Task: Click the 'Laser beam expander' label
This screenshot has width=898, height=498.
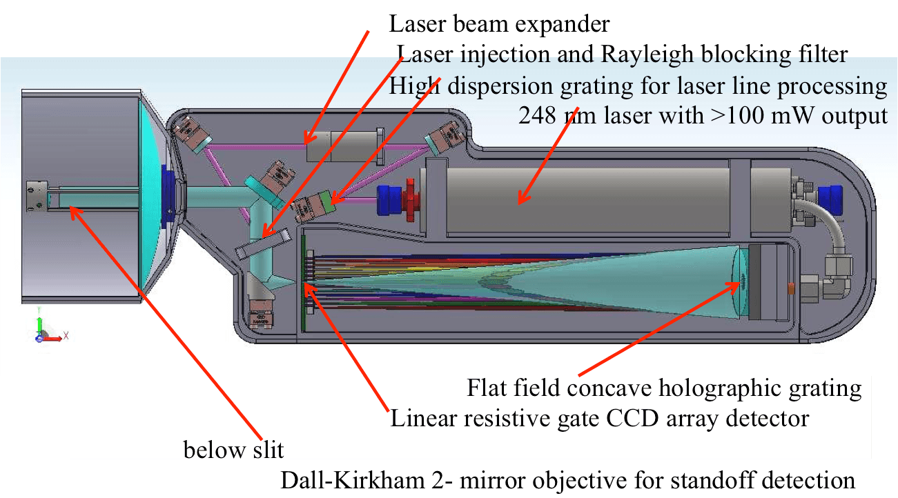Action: [499, 24]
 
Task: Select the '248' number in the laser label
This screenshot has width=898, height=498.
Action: [537, 116]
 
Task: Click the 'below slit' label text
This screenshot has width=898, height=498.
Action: [233, 450]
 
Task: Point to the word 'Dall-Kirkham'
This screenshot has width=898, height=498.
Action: [353, 480]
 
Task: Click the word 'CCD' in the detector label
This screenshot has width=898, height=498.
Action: [632, 419]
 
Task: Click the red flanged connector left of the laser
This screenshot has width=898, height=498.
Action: [411, 200]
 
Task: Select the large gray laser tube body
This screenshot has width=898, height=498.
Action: [587, 200]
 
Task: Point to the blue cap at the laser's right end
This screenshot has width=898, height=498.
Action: [830, 200]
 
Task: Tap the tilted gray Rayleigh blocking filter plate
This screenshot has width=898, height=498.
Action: [262, 243]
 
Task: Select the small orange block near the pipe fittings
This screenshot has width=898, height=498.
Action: [792, 289]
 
